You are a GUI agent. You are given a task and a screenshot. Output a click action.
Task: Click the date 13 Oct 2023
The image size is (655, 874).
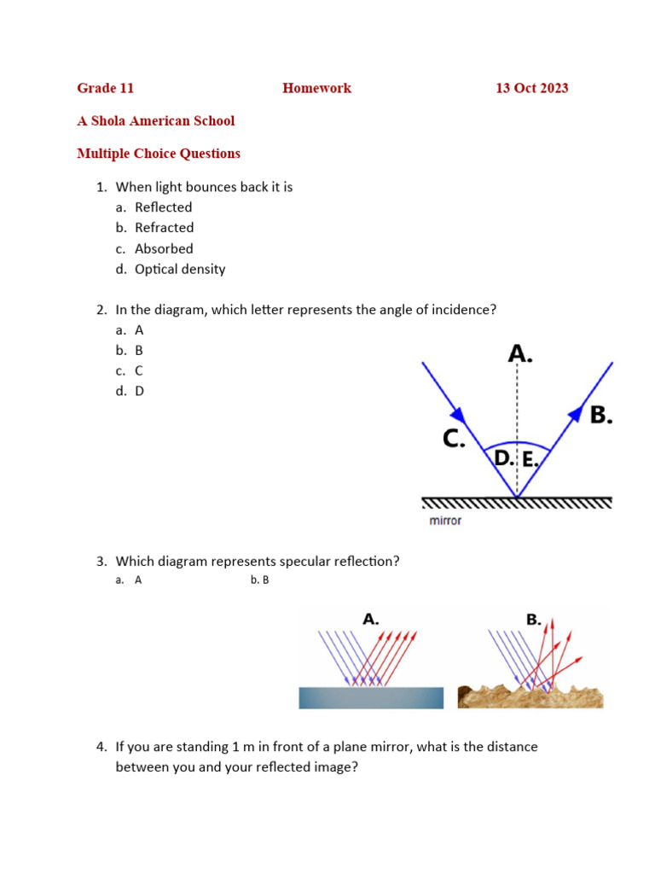pyautogui.click(x=531, y=88)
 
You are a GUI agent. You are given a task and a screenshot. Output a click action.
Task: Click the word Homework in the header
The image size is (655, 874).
pyautogui.click(x=316, y=88)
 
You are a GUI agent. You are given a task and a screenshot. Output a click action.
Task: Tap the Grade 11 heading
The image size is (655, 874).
pyautogui.click(x=105, y=88)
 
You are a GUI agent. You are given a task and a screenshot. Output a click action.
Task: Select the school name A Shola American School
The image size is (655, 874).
pyautogui.click(x=155, y=120)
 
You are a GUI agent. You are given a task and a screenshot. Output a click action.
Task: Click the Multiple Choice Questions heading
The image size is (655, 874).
pyautogui.click(x=158, y=154)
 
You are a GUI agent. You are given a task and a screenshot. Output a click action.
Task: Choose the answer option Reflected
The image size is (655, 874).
pyautogui.click(x=163, y=207)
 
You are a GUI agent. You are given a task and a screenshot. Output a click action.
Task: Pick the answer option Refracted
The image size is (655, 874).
pyautogui.click(x=164, y=228)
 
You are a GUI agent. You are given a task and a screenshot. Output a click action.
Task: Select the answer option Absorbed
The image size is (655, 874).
pyautogui.click(x=164, y=248)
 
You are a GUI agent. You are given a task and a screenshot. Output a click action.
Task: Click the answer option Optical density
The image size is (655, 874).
pyautogui.click(x=180, y=269)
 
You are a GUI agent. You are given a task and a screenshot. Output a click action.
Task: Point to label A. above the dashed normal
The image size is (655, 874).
pyautogui.click(x=519, y=353)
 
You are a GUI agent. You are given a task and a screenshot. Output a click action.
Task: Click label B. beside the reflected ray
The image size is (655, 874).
pyautogui.click(x=600, y=415)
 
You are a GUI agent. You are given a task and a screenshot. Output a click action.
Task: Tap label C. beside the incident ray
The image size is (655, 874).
pyautogui.click(x=453, y=439)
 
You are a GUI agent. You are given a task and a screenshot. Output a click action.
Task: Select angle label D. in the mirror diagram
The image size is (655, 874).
pyautogui.click(x=503, y=458)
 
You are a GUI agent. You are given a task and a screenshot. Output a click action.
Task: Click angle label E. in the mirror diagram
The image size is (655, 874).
pyautogui.click(x=530, y=459)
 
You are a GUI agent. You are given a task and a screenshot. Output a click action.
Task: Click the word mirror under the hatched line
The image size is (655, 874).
pyautogui.click(x=444, y=520)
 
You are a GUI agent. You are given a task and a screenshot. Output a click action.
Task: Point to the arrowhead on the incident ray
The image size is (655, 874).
pyautogui.click(x=459, y=414)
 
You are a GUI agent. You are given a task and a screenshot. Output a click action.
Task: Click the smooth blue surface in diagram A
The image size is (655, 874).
pyautogui.click(x=371, y=697)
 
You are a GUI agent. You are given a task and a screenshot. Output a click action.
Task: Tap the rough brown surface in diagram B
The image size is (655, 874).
pyautogui.click(x=530, y=696)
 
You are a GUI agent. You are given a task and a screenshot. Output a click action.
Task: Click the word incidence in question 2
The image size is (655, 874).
pyautogui.click(x=466, y=310)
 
